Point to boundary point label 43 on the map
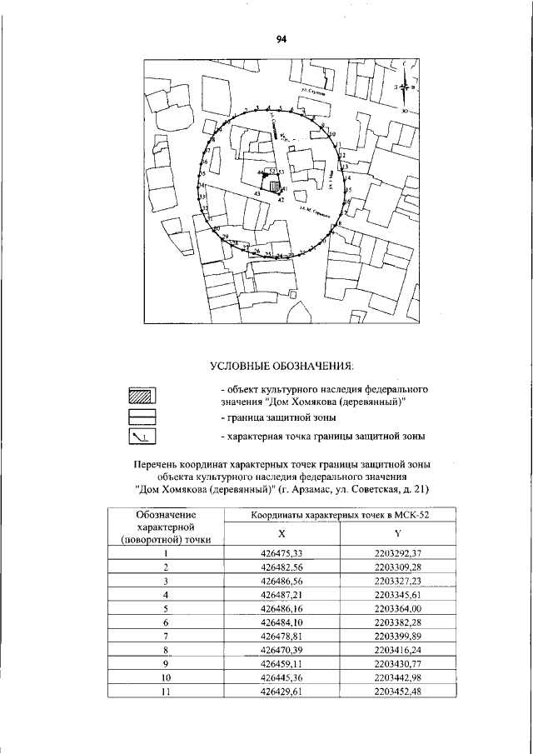pos(257,193)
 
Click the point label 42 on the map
pos(281,201)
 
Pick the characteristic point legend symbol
pos(143,435)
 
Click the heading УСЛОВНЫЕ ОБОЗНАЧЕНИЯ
pos(281,366)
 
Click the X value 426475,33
pos(283,552)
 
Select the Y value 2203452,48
pos(398,692)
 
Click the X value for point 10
pos(283,677)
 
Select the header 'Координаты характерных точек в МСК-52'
pos(341,516)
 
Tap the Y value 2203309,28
pos(398,566)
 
